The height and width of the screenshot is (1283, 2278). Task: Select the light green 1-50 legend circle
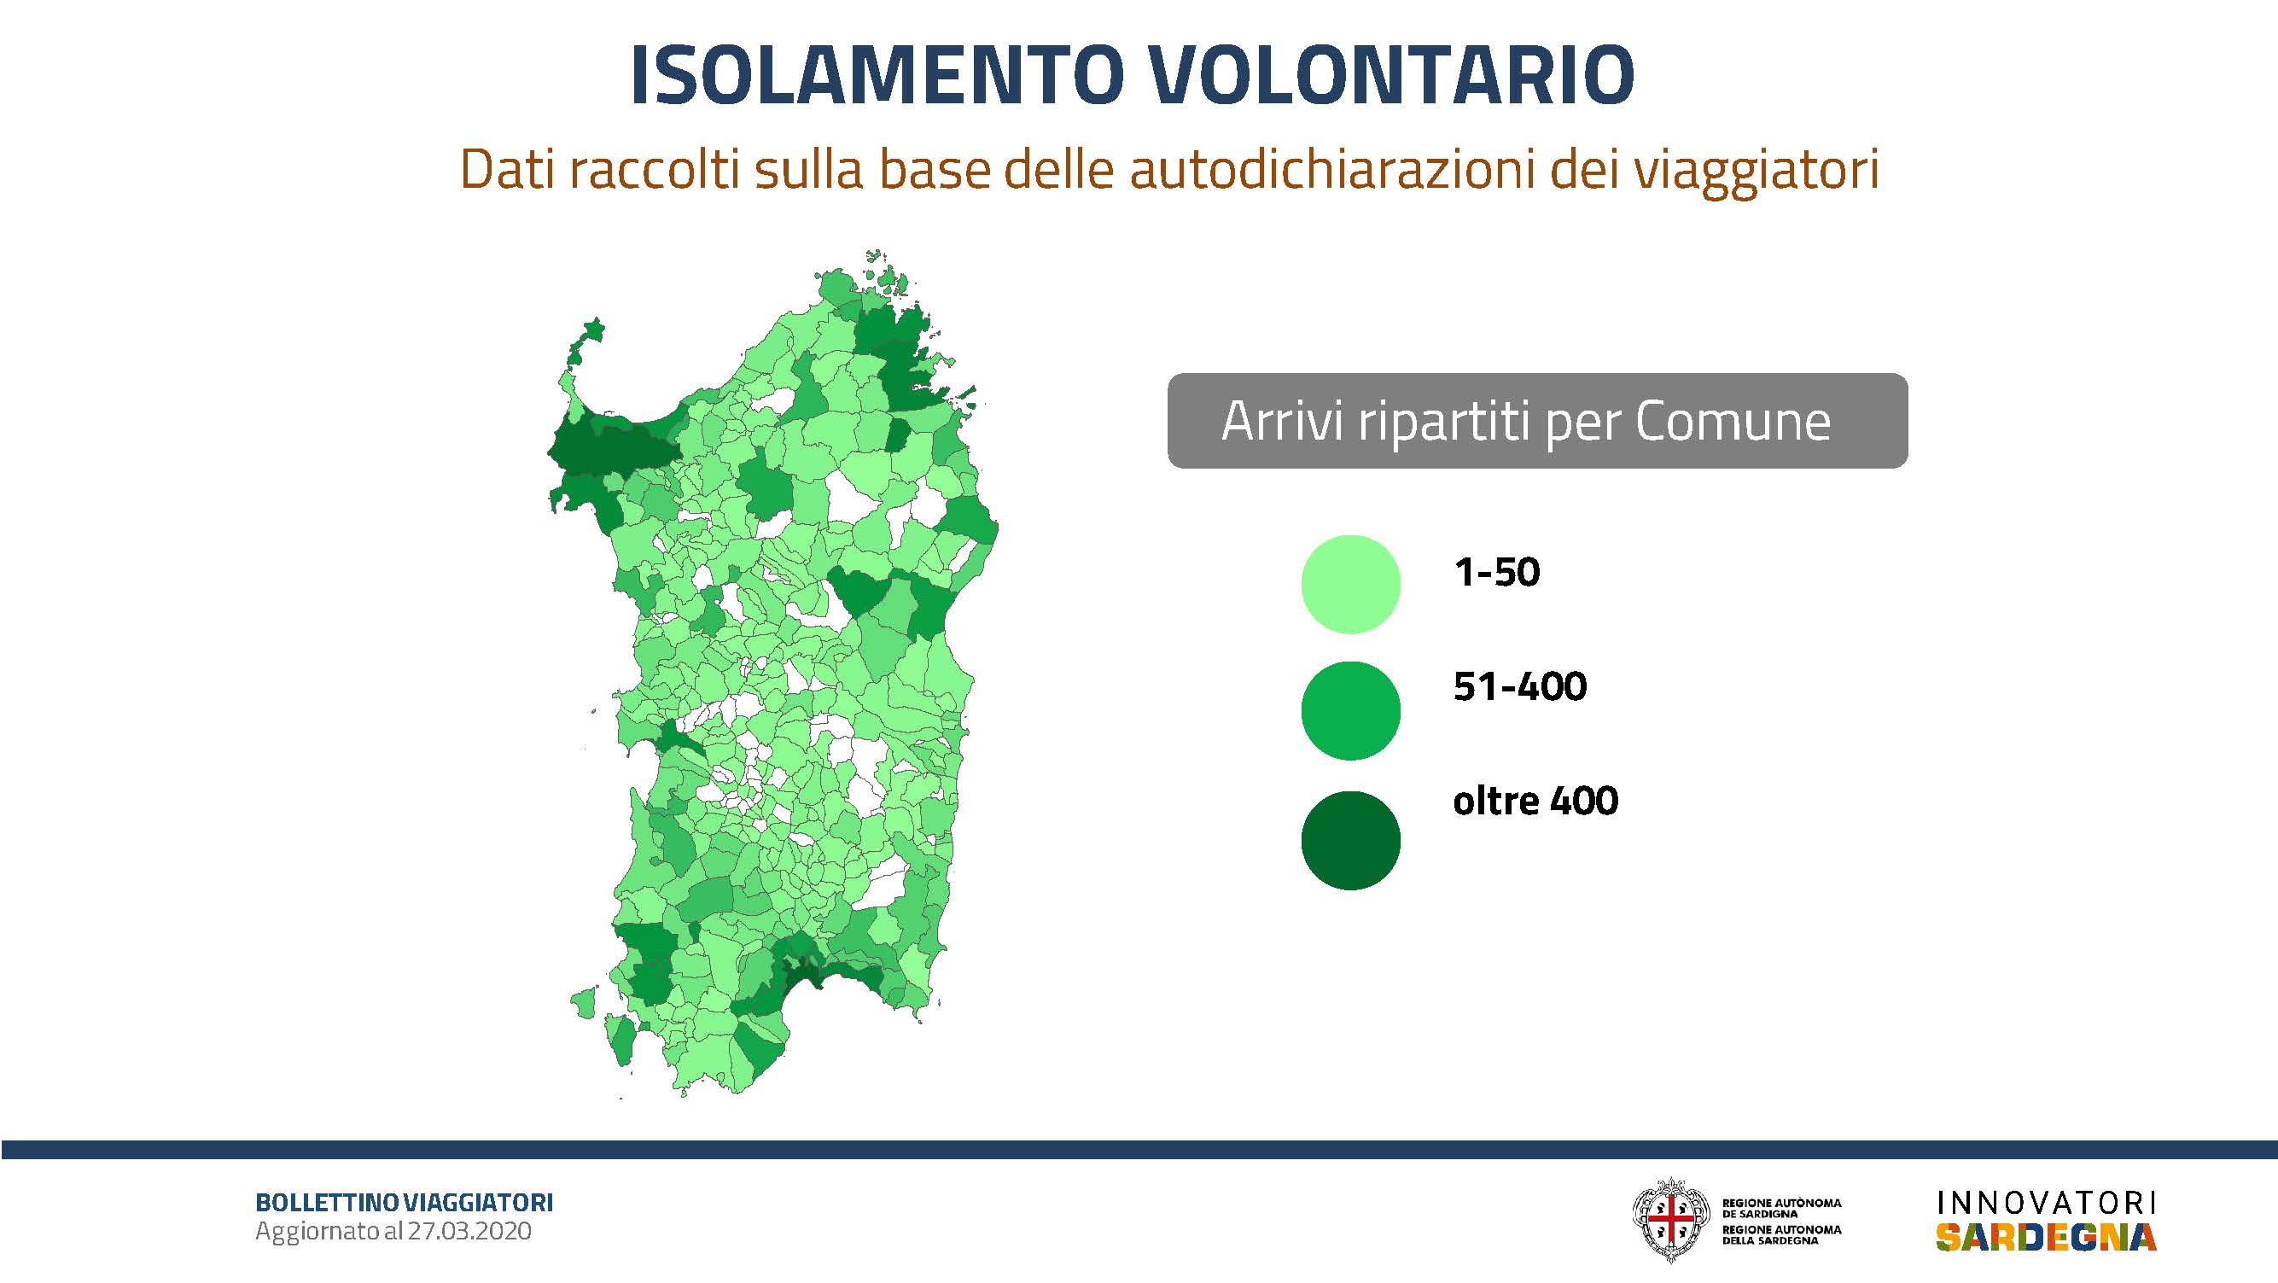pyautogui.click(x=1350, y=584)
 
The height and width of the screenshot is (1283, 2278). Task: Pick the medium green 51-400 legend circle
pyautogui.click(x=1350, y=710)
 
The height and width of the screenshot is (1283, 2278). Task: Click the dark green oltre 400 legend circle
pyautogui.click(x=1350, y=840)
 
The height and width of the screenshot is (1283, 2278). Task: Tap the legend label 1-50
pyautogui.click(x=1496, y=573)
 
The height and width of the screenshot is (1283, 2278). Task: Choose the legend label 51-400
pyautogui.click(x=1519, y=686)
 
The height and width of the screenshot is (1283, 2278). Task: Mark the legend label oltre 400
pyautogui.click(x=1535, y=800)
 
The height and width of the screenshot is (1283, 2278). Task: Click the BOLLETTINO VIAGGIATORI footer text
pyautogui.click(x=404, y=1203)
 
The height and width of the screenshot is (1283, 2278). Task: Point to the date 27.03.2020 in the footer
pyautogui.click(x=469, y=1231)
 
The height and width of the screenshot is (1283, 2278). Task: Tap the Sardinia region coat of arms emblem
pyautogui.click(x=1671, y=1220)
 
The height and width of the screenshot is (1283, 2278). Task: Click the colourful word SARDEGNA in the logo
pyautogui.click(x=2046, y=1238)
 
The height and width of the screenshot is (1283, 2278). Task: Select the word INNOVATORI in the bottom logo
pyautogui.click(x=2047, y=1204)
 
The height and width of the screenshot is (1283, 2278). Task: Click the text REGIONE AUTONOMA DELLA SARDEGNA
pyautogui.click(x=1782, y=1235)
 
